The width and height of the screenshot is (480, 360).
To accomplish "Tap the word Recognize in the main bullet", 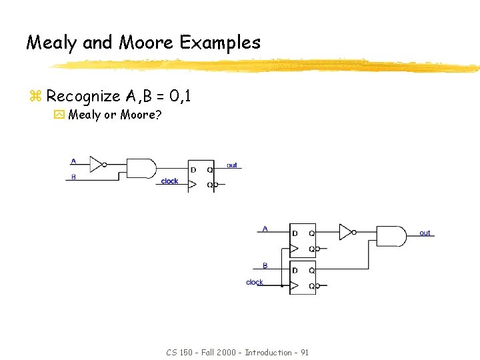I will point(83,96).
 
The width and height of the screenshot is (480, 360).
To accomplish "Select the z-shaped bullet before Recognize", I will point(35,97).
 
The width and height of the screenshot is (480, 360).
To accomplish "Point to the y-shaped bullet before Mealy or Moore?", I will point(59,115).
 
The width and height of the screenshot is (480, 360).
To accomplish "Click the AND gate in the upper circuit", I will point(141,169).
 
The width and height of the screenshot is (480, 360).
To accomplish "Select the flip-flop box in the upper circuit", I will point(201,175).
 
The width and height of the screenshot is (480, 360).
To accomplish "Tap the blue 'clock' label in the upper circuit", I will point(169,181).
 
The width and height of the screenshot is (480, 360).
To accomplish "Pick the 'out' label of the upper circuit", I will point(231,165).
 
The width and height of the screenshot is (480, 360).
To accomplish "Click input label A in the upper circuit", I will point(73,161).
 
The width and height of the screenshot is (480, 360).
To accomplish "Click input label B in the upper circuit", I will point(73,177).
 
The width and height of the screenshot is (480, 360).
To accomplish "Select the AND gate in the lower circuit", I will point(391,236).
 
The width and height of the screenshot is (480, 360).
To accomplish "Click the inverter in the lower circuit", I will point(345,232).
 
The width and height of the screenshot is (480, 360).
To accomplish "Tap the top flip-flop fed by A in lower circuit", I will point(303,241).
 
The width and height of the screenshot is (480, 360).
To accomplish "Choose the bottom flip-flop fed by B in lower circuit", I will point(303,278).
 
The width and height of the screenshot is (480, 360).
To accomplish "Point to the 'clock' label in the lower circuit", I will point(255,282).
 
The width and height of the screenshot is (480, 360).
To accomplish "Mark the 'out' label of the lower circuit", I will point(425,233).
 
